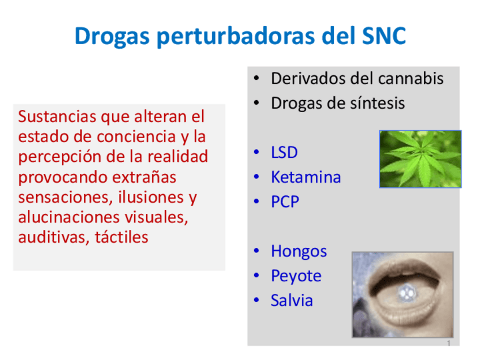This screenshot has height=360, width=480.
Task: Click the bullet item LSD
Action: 284,152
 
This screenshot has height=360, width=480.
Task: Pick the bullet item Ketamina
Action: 306,177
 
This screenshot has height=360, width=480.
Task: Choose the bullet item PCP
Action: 285,202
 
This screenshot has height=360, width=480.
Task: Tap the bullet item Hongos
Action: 298,251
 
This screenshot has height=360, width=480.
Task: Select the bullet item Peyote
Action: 295,276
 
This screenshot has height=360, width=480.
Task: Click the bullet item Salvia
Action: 292,300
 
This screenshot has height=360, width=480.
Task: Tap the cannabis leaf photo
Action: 419,159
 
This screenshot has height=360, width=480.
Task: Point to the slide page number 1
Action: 448,344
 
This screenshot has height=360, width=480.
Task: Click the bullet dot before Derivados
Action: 256,79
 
